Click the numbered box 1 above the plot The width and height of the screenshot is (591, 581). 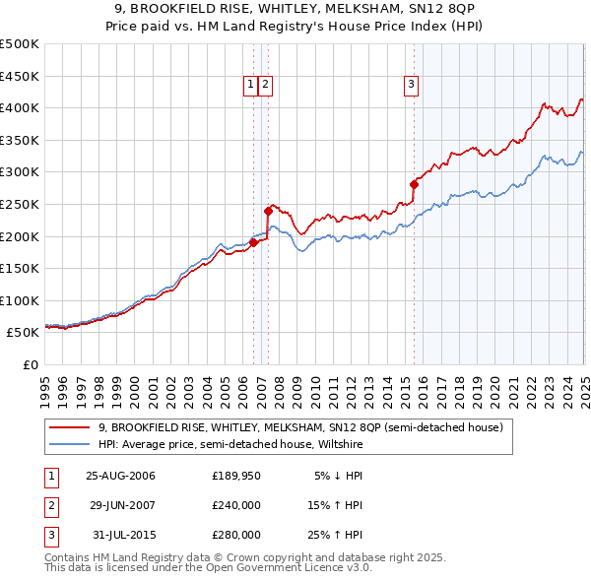[x=252, y=86]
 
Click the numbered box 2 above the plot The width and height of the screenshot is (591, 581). [x=267, y=86]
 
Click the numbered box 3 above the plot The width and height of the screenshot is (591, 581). [x=411, y=86]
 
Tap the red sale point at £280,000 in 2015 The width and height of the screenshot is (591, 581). [x=414, y=184]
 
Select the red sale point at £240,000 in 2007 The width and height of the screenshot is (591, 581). [x=268, y=210]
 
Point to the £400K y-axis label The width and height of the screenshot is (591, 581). [x=21, y=107]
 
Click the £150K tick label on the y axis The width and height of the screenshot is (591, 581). [x=21, y=268]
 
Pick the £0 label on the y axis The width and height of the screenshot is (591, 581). [x=30, y=364]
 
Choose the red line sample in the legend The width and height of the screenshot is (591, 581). [x=70, y=427]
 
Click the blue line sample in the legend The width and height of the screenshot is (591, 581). [x=70, y=444]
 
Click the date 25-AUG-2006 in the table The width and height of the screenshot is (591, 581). [x=120, y=476]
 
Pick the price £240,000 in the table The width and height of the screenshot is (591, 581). [x=236, y=505]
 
